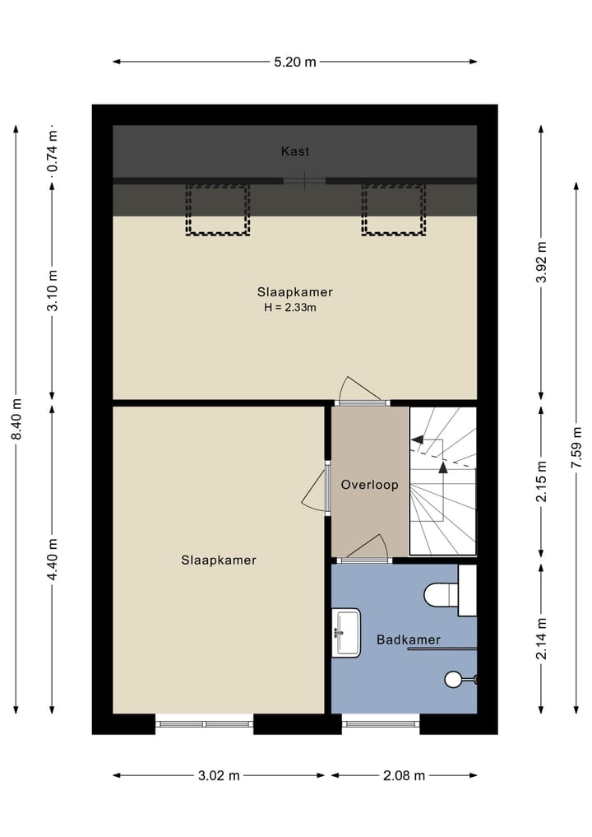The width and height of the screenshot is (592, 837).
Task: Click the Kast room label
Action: point(295,151)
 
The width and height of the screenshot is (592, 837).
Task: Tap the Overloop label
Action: point(370,485)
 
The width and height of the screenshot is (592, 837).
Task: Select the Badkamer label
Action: point(409,639)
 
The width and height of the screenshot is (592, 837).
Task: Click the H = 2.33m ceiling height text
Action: point(290,308)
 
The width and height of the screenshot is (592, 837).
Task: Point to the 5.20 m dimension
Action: point(295,62)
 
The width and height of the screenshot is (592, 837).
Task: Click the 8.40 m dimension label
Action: point(16,419)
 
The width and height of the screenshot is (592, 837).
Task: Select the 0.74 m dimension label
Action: point(53,151)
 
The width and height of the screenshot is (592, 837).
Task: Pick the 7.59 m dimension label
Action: point(576,448)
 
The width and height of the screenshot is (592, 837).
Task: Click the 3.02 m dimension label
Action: point(219,775)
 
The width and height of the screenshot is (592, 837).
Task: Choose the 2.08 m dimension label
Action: point(404,775)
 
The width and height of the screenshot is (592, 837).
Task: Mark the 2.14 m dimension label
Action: point(541,639)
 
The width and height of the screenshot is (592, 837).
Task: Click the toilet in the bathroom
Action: point(442,594)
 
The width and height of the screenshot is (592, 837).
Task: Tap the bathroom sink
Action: point(346,633)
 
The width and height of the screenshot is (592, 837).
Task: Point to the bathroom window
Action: point(380,723)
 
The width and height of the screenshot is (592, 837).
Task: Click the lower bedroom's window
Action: point(204,723)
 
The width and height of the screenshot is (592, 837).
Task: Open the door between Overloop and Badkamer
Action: point(367,560)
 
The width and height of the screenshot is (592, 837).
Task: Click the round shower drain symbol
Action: point(453,680)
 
